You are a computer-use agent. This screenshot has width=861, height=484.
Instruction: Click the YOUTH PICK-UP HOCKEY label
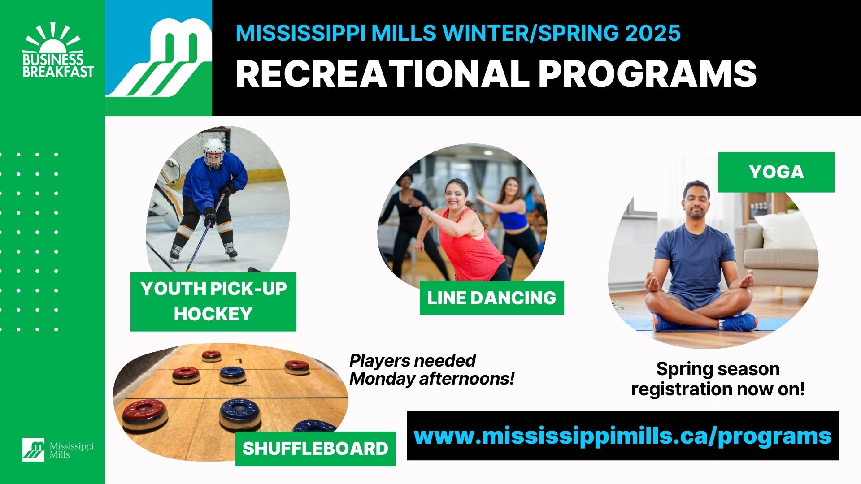(x=213, y=302)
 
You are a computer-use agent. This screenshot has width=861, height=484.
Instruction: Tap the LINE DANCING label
(x=491, y=298)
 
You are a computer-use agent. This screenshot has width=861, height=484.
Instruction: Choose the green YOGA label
(x=776, y=172)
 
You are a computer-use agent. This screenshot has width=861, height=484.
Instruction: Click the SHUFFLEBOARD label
(x=315, y=449)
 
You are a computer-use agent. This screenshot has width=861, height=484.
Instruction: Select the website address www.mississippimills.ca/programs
(x=622, y=436)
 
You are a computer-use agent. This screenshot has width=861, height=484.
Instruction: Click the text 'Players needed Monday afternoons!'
(x=431, y=370)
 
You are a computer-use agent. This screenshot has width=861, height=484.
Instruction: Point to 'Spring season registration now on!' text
(x=717, y=379)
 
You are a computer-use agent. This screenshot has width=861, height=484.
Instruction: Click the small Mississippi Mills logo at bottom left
(x=58, y=449)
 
